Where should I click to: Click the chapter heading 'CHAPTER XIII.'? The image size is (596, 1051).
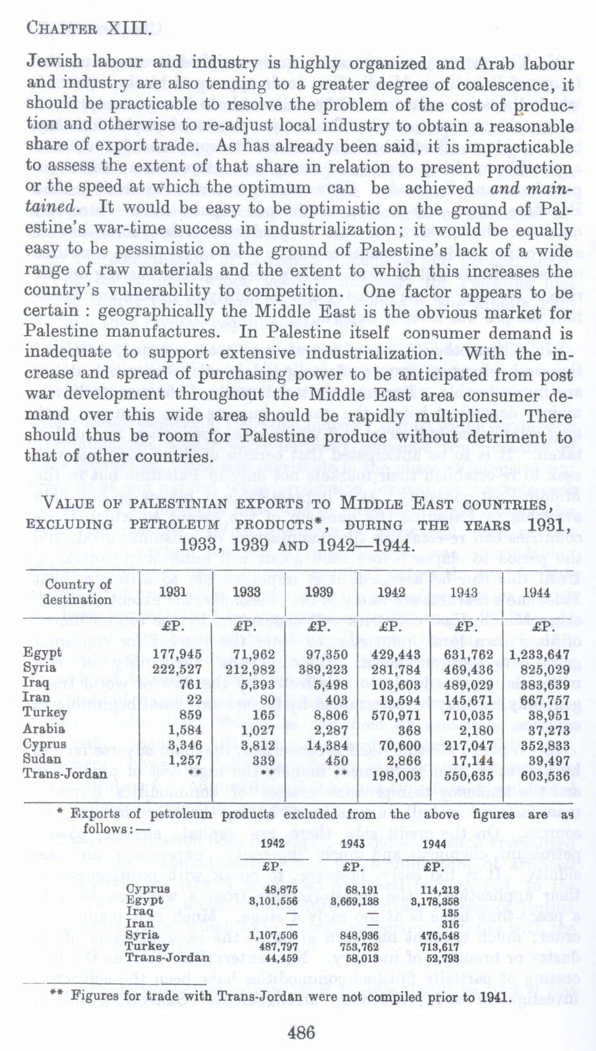pos(89,28)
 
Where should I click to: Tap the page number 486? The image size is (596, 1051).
pos(301,1032)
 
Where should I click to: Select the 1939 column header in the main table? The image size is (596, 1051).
pos(319,592)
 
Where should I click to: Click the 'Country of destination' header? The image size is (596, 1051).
pos(77,592)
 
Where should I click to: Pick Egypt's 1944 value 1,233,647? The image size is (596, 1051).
pos(539,655)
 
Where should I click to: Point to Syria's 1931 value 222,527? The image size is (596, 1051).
pos(177,669)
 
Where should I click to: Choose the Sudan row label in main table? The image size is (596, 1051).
pos(42,759)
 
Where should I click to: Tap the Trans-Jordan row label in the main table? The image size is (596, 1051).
pos(65,774)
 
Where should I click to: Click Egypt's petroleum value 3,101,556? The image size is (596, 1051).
pos(274,901)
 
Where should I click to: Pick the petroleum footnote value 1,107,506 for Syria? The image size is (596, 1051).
pos(274,935)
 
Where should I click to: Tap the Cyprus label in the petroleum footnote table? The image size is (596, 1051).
pos(148,889)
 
